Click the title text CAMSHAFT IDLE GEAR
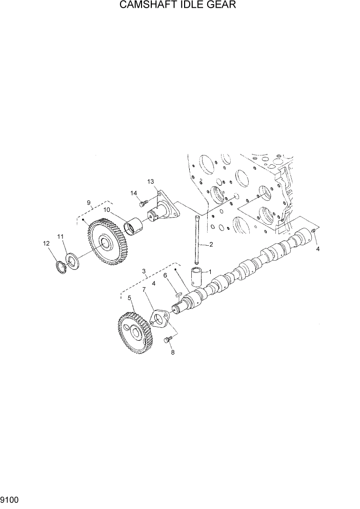(x=179, y=6)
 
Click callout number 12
(x=46, y=243)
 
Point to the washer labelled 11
(x=73, y=259)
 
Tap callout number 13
(x=151, y=182)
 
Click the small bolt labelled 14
(x=143, y=203)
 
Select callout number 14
(x=134, y=193)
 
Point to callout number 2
(x=211, y=244)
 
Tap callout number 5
(x=129, y=298)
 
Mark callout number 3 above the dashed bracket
(x=145, y=271)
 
